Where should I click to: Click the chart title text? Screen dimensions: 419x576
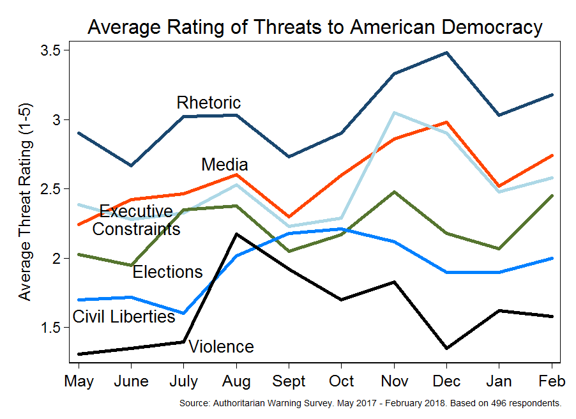315,27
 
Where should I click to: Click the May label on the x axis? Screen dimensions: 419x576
79,382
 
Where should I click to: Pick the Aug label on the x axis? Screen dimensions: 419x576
237,382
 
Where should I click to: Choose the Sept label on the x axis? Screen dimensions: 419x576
289,382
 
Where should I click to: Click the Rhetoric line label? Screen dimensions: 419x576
209,102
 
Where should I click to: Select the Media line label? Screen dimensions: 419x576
224,165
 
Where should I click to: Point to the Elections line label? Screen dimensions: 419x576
167,272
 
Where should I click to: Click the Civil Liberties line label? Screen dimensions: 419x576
124,316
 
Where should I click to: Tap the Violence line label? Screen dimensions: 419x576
222,347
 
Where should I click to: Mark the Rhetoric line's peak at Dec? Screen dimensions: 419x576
447,52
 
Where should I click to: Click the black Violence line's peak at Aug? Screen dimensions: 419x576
237,234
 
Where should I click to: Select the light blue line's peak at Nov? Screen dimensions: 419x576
395,113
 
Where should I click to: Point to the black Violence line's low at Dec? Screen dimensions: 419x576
447,348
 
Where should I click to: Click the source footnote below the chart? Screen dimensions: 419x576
370,404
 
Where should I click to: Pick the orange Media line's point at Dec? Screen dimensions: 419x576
447,122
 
